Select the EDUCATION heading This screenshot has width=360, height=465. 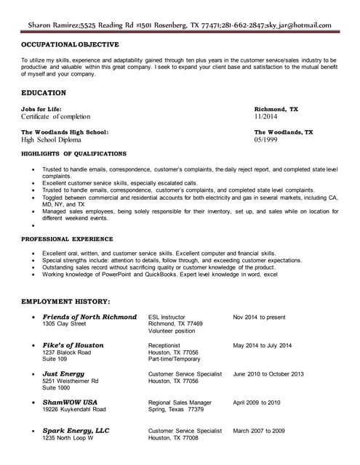[x=44, y=93]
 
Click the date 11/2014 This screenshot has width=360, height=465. [x=266, y=116]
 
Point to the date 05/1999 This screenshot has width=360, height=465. [x=266, y=139]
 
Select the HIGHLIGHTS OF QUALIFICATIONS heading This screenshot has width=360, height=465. [x=73, y=154]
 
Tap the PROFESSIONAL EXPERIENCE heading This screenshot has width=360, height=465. [x=67, y=238]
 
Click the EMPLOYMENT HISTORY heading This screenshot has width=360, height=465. [x=65, y=301]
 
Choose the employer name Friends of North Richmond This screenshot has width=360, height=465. [x=89, y=317]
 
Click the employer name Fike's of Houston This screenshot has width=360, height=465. [x=73, y=345]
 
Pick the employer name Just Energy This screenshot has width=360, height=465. [x=63, y=373]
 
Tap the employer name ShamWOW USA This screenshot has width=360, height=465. [x=70, y=402]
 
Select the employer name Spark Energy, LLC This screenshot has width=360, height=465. [x=76, y=431]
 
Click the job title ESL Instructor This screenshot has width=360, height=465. [x=167, y=318]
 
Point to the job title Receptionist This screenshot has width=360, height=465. [x=165, y=346]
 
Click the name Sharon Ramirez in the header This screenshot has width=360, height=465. [x=59, y=24]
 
